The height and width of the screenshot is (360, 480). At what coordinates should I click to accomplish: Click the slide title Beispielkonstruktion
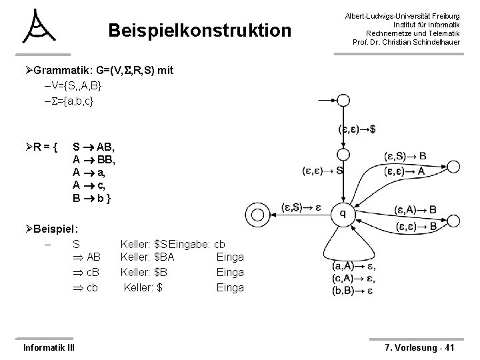[199, 31]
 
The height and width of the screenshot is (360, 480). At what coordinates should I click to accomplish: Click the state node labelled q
[342, 213]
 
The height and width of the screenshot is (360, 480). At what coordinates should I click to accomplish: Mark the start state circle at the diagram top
[342, 101]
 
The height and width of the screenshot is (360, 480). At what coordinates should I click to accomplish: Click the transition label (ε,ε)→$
[357, 129]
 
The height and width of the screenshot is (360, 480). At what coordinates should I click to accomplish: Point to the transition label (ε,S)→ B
[405, 157]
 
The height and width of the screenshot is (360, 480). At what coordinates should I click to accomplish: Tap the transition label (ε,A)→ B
[415, 210]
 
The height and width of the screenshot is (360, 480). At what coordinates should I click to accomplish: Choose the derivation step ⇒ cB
[87, 272]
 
